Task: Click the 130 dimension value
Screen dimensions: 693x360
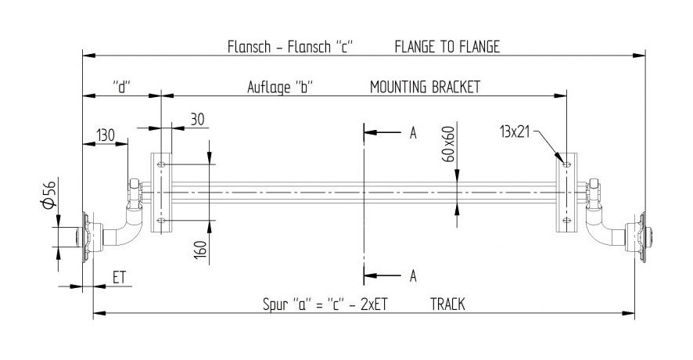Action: point(106,135)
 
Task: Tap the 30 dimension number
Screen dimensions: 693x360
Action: point(198,120)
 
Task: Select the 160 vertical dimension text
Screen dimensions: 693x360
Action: point(200,250)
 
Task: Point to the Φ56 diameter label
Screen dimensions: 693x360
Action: point(49,195)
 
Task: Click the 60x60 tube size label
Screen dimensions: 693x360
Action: point(449,144)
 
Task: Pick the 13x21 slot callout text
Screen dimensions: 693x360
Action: point(515,131)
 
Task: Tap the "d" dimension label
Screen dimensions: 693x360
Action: point(123,87)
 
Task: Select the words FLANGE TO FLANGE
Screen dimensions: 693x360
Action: point(447,46)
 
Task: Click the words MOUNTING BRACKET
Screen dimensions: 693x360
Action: point(425,87)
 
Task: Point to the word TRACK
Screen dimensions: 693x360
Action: point(447,304)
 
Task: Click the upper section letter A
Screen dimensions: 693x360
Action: point(413,133)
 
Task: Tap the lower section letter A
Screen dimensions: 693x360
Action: point(413,276)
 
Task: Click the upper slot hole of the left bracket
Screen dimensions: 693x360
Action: point(161,164)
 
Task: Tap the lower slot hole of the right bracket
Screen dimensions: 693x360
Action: point(566,220)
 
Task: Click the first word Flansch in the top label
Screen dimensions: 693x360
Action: point(249,46)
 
